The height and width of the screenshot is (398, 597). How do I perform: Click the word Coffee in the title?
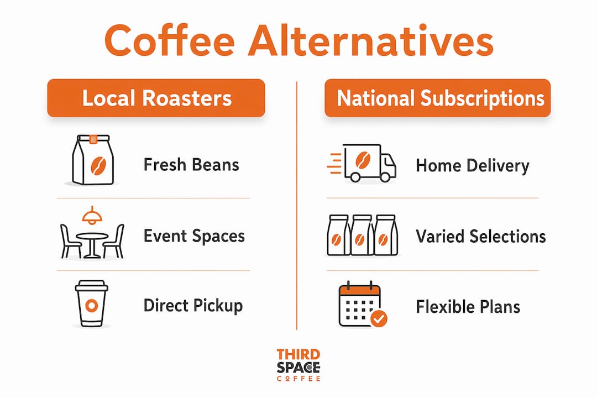(170, 40)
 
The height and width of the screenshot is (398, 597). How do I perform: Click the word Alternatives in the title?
(371, 40)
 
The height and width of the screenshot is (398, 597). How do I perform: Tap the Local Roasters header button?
(156, 98)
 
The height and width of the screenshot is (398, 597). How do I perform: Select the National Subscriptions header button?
(437, 98)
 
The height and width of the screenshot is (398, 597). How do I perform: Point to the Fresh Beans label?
(191, 165)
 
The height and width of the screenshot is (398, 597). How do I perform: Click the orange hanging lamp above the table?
(92, 215)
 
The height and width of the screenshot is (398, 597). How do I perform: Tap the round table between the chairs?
(92, 244)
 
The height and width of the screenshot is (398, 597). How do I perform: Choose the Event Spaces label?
(194, 236)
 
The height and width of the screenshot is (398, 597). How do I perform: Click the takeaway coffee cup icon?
(91, 303)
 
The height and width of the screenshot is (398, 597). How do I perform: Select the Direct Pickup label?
(193, 306)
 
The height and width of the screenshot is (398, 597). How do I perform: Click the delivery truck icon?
(362, 163)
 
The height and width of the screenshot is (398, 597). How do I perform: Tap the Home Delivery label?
(473, 166)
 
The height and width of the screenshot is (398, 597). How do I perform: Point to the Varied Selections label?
(481, 237)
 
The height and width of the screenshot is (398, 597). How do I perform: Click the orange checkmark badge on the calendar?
(379, 318)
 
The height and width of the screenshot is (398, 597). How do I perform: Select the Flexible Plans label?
(468, 307)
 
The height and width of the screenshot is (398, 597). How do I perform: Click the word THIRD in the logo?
(298, 354)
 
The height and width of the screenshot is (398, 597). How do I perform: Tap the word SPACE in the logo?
(298, 368)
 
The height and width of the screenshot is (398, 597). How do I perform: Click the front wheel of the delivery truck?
(385, 177)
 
